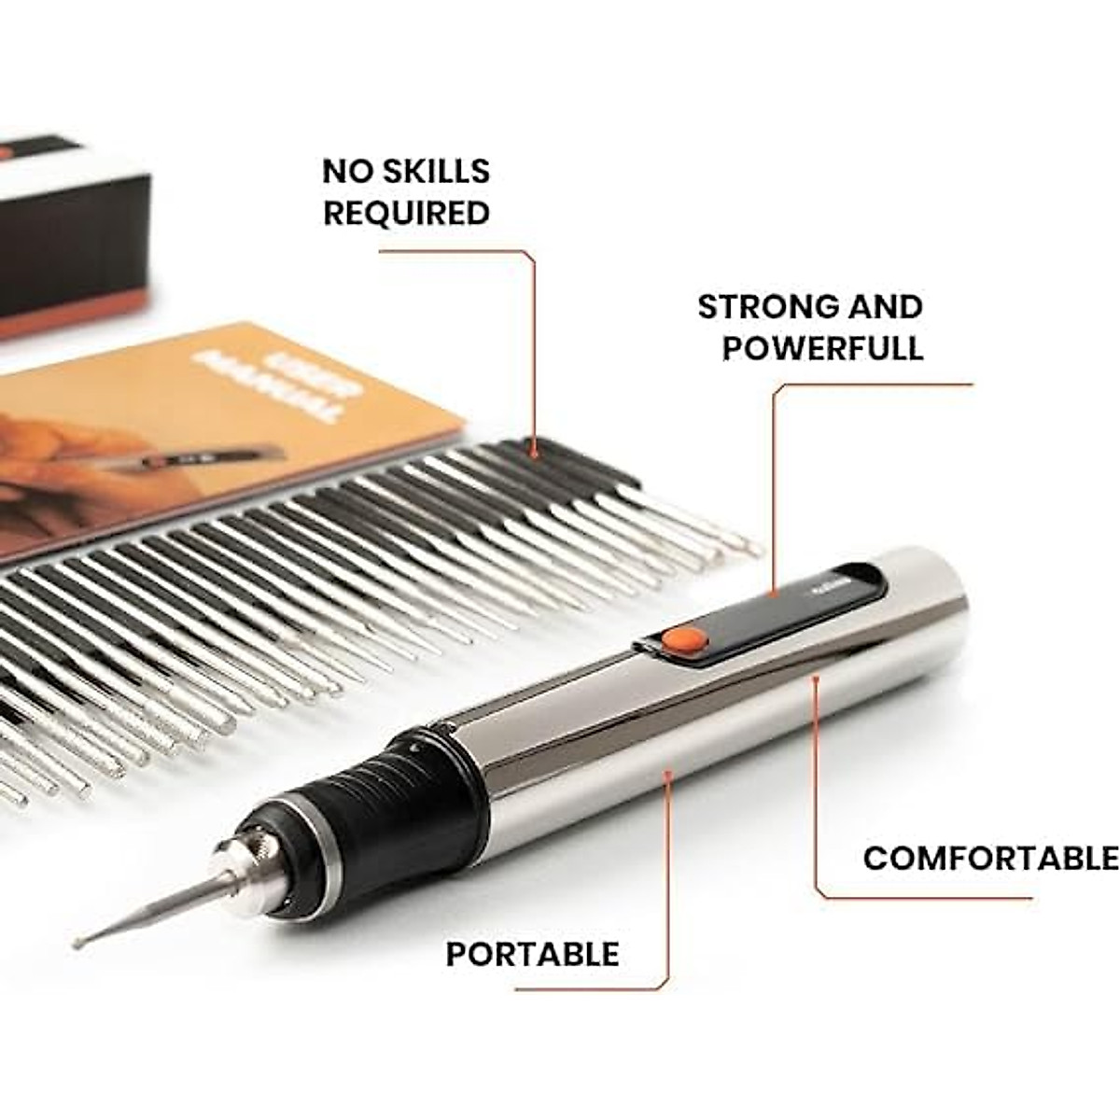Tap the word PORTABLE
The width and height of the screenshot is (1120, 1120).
pos(532,954)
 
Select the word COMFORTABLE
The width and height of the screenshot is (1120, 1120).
pos(989,858)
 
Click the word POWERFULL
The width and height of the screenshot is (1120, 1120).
pos(822,348)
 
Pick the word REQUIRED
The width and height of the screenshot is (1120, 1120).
pos(406,213)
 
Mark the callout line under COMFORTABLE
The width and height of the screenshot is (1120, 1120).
pos(924,898)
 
